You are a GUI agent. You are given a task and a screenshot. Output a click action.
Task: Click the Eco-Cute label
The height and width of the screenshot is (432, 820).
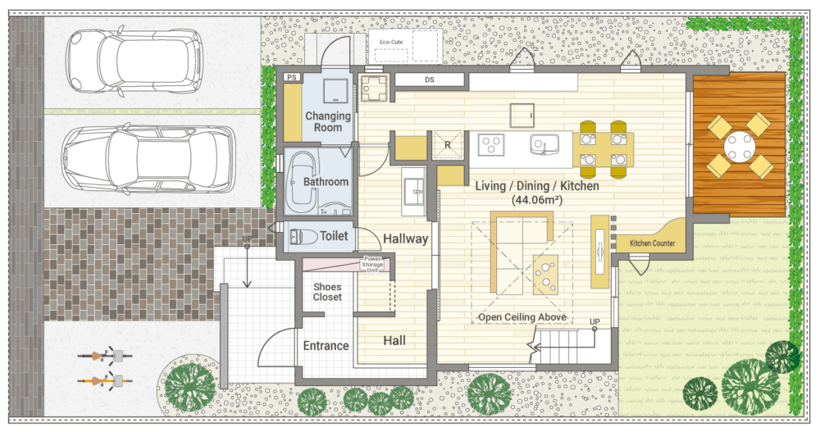391,42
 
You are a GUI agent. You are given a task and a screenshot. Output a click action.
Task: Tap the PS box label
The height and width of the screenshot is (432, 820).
292,77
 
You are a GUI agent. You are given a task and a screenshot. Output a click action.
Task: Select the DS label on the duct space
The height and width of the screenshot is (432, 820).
430,80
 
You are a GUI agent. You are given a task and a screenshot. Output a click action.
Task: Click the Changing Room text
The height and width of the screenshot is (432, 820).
328,121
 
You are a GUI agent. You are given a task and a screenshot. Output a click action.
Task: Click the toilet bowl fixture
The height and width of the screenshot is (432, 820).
303,237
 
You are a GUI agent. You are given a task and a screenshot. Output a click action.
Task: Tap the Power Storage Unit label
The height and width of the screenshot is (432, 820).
372,265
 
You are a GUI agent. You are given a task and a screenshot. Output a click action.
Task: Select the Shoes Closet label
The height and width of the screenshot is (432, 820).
327,292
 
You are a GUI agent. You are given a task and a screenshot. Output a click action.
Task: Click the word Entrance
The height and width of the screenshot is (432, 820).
326,346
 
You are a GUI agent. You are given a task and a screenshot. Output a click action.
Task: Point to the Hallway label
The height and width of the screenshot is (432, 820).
405,239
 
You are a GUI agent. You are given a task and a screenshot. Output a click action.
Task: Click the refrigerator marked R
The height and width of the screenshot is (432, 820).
449,144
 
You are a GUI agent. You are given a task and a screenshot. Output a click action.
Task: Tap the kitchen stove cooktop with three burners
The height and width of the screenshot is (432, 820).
491,144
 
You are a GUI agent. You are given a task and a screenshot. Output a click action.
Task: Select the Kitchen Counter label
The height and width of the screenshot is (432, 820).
652,243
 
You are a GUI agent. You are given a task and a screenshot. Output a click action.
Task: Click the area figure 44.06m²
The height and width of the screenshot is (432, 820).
536,200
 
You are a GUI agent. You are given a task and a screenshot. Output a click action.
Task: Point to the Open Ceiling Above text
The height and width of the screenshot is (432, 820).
522,317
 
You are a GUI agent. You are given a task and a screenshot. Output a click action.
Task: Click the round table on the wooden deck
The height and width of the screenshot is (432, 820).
739,146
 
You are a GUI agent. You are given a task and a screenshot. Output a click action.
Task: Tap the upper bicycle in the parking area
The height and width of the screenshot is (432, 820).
105,356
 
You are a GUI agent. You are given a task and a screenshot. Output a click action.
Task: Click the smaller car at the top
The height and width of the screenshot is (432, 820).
134,62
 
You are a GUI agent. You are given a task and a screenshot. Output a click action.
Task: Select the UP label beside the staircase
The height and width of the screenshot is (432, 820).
594,321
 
